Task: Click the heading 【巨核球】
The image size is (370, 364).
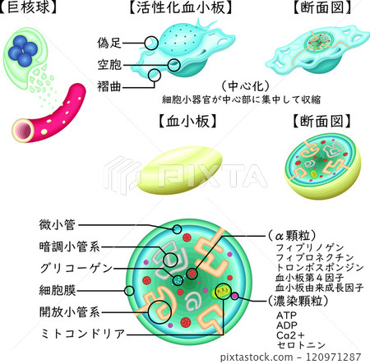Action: point(29,10)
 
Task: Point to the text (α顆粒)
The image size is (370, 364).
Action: point(292,234)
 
